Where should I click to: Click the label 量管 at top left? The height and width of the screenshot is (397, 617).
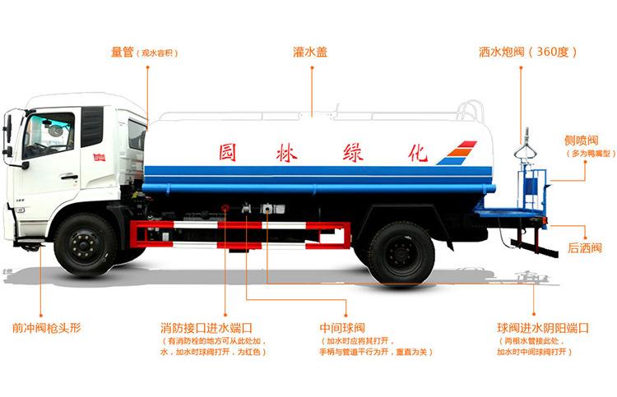click(123, 52)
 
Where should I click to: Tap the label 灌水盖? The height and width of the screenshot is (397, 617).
click(310, 52)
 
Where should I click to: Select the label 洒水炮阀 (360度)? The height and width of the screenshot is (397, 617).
click(527, 52)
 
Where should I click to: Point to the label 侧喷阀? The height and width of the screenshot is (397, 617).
click(581, 141)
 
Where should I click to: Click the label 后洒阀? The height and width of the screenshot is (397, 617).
click(584, 247)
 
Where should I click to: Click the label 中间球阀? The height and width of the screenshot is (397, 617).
click(341, 326)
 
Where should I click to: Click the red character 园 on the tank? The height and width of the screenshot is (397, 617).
click(228, 152)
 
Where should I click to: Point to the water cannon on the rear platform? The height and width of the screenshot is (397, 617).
click(520, 156)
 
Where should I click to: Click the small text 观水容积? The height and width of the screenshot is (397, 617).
click(159, 53)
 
